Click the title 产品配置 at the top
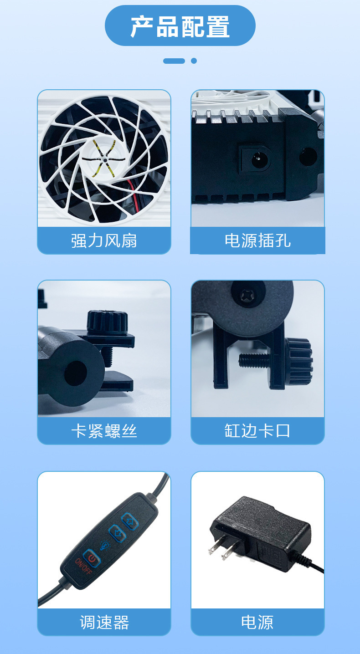tap(180, 26)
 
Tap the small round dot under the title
tap(194, 61)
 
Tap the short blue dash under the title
tap(174, 61)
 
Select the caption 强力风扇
tap(104, 240)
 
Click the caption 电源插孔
tap(257, 240)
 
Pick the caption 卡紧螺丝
tap(104, 431)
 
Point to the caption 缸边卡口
tap(257, 431)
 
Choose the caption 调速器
tap(104, 622)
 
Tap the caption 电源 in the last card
tap(257, 622)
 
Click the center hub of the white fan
tap(104, 160)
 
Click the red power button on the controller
tap(91, 557)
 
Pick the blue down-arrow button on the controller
tap(115, 531)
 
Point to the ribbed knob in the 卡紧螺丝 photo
tap(103, 322)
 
